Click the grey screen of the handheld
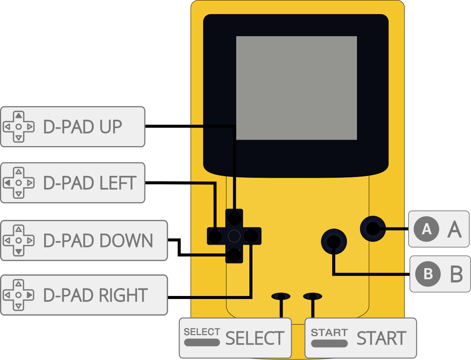(x=296, y=88)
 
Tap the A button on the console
(x=373, y=229)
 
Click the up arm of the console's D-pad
(x=234, y=218)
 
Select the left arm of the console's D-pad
(x=215, y=236)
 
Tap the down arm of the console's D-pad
(x=234, y=255)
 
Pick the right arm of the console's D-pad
(x=251, y=236)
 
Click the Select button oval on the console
(x=281, y=296)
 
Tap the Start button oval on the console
(x=313, y=296)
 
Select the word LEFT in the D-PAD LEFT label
(x=117, y=183)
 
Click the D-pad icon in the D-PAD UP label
(x=18, y=127)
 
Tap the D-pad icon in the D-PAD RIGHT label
(x=18, y=295)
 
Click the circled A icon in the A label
(x=426, y=229)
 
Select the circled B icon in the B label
(x=428, y=274)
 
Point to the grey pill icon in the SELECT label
(x=202, y=342)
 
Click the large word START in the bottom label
(x=381, y=339)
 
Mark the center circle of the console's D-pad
(x=234, y=236)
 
